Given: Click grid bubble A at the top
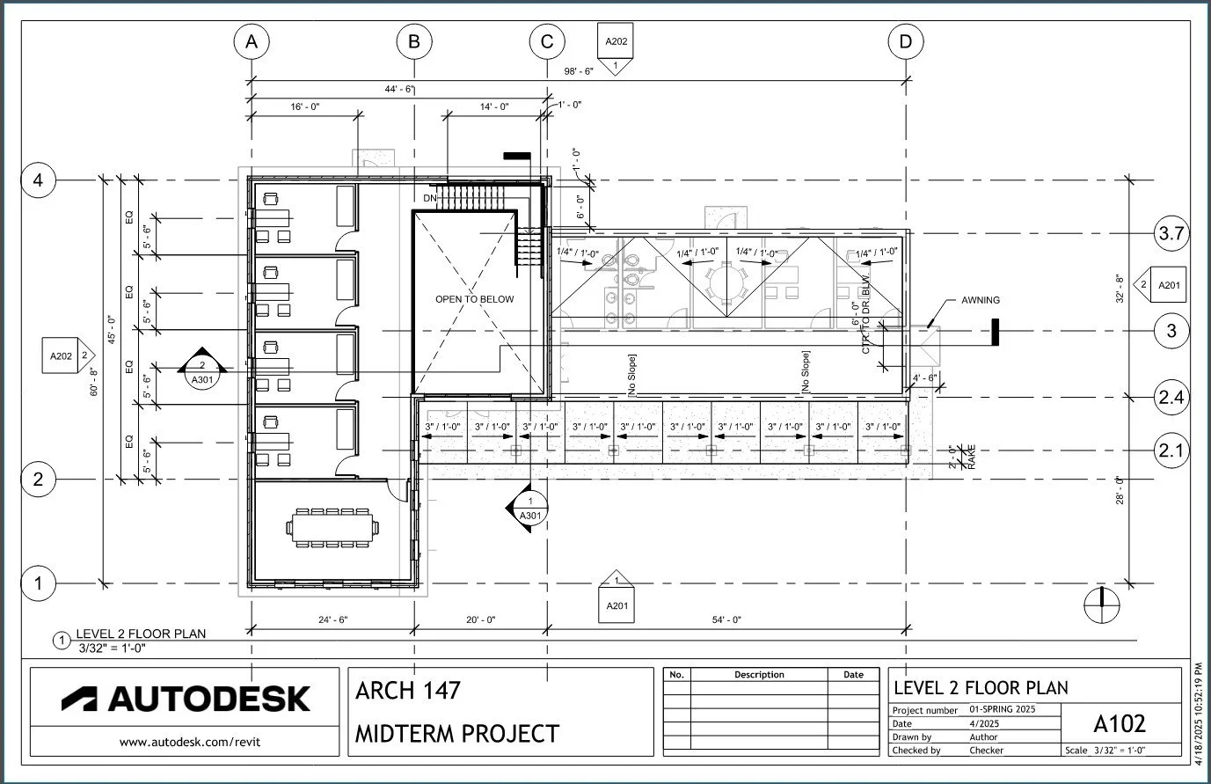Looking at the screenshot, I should (x=252, y=41).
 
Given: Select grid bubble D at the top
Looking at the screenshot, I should (x=906, y=41).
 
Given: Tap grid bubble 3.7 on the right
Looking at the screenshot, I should (x=1171, y=234).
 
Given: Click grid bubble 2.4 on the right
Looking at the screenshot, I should (x=1171, y=398).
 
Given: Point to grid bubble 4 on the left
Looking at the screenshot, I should (x=38, y=180).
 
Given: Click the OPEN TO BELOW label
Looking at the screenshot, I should (x=474, y=299).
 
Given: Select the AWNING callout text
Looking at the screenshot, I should (x=980, y=300).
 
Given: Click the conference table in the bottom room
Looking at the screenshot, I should (x=333, y=528).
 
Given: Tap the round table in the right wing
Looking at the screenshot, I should (x=726, y=282).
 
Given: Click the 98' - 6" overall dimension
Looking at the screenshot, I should (x=579, y=71).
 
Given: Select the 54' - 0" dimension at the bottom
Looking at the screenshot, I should (x=726, y=620).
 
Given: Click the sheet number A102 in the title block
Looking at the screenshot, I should (x=1119, y=723).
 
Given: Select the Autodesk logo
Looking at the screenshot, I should (x=186, y=699).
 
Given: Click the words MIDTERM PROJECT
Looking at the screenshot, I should (x=456, y=733).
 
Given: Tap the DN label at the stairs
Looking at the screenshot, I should (x=429, y=199).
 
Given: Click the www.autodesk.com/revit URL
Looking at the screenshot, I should (x=190, y=742).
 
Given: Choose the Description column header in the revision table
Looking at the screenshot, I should (x=758, y=675).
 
